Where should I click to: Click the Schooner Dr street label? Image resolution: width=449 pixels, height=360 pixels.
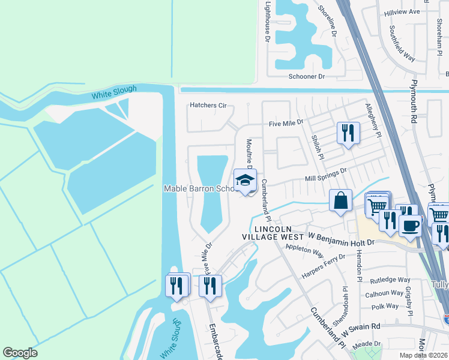pos(306,77)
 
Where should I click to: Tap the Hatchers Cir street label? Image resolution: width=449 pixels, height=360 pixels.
pos(208,106)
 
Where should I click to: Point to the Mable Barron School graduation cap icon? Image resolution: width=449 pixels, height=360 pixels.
pos(245,180)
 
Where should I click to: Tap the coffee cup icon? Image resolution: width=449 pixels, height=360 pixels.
pos(411,226)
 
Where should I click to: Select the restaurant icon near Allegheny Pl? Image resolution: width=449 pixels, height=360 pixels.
pos(348,132)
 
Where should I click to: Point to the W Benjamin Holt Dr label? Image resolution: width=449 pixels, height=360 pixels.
pos(341,242)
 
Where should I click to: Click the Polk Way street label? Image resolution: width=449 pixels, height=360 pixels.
pos(385,306)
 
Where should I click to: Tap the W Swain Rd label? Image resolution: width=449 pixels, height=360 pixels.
pos(361,326)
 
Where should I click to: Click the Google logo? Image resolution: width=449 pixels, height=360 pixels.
pos(20,353)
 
